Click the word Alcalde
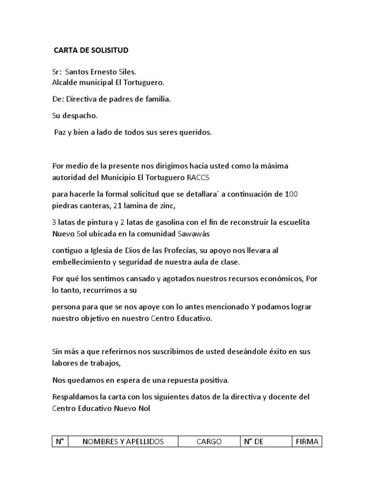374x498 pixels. pyautogui.click(x=65, y=82)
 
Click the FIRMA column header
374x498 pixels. pyautogui.click(x=306, y=442)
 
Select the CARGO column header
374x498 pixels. pyautogui.click(x=209, y=442)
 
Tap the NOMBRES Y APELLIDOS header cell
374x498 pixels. pyautogui.click(x=123, y=442)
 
